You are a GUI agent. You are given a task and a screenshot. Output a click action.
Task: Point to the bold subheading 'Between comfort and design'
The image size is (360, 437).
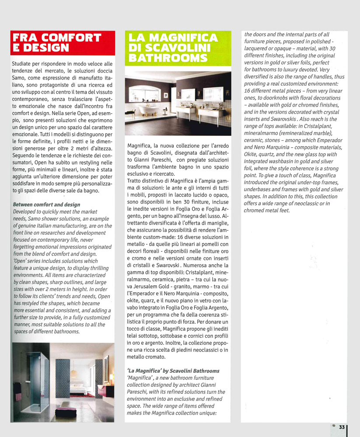(x=46, y=205)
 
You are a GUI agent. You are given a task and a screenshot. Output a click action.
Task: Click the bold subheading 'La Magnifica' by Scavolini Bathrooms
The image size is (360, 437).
(x=173, y=371)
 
